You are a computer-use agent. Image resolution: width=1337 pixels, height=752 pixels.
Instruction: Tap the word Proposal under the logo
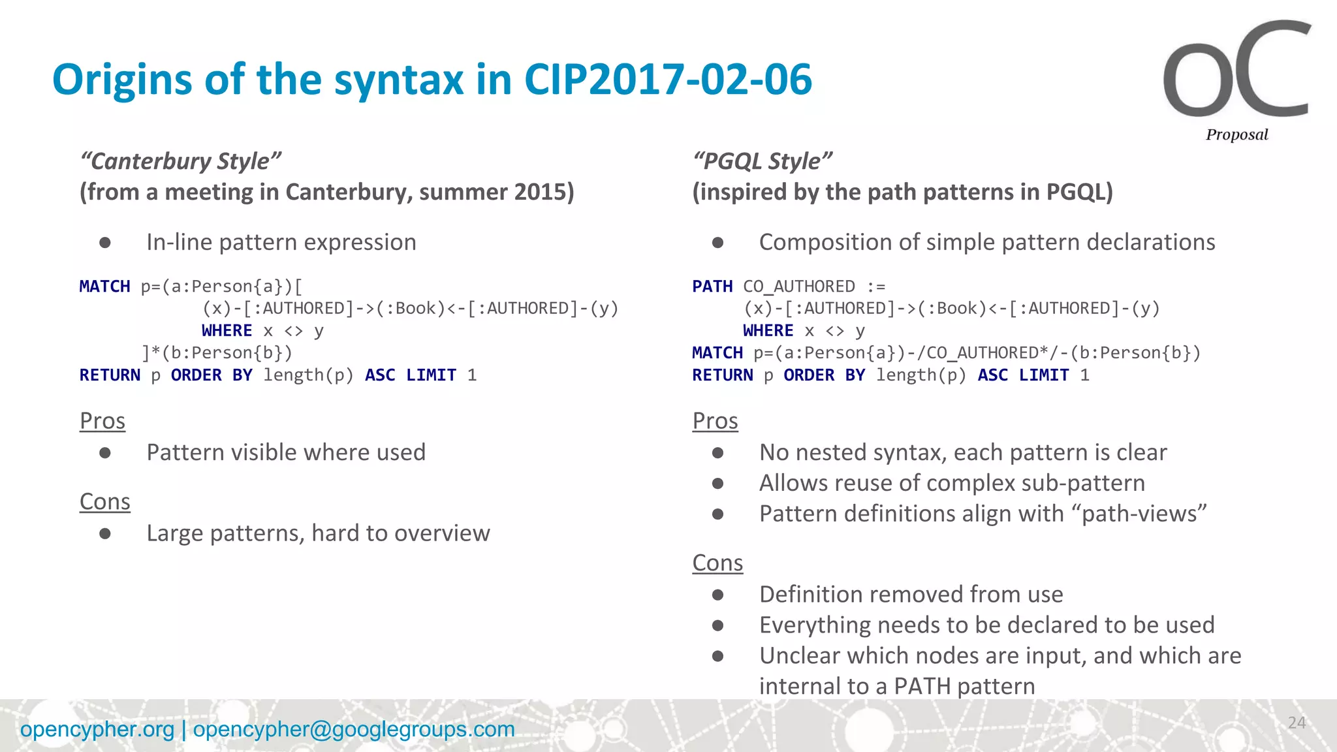1236,135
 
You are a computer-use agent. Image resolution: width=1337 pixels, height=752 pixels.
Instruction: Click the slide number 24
1297,723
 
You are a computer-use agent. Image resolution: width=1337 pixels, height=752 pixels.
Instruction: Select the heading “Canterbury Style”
180,161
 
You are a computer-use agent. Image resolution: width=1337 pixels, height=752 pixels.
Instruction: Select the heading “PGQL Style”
762,161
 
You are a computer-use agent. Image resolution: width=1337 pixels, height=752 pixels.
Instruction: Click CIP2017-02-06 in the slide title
668,80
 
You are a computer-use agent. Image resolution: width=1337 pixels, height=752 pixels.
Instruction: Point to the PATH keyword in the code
712,287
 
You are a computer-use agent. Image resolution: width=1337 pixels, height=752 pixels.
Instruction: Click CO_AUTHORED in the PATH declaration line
798,287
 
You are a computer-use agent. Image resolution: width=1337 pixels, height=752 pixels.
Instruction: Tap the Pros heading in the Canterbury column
102,421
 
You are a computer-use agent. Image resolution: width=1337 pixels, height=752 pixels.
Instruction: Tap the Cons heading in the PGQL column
717,563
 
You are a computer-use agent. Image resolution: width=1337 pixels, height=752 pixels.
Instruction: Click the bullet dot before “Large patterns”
105,534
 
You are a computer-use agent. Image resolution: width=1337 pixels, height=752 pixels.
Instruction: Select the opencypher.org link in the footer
97,729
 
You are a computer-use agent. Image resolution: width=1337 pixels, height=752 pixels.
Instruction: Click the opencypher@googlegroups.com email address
354,729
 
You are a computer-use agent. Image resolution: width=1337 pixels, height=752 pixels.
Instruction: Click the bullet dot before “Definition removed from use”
718,595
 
